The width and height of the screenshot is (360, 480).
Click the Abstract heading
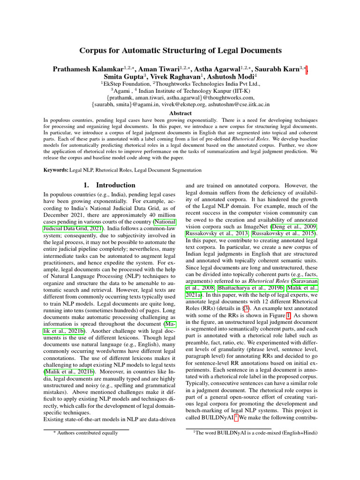[x=180, y=113]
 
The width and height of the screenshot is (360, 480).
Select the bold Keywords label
[x=56, y=170]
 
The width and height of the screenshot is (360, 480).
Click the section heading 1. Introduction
[x=110, y=185]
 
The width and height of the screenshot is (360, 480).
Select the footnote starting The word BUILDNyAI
[x=255, y=433]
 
